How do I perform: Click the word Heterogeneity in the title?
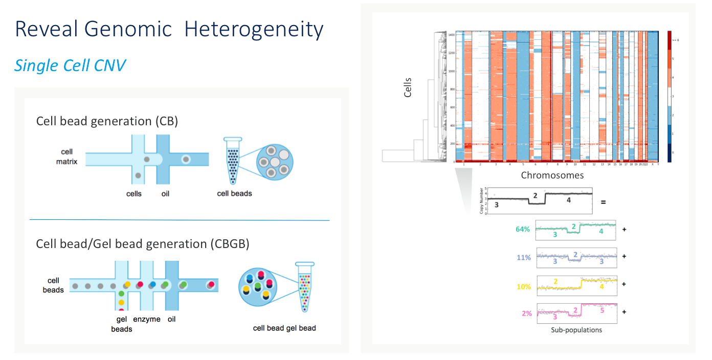tap(254, 29)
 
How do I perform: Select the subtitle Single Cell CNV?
tap(70, 65)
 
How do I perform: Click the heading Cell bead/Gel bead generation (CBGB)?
tap(143, 244)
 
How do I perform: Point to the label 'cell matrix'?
tap(66, 156)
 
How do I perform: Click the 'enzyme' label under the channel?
tap(147, 319)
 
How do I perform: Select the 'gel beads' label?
tap(122, 324)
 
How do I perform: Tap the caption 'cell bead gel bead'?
tap(284, 328)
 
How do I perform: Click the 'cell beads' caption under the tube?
tap(234, 193)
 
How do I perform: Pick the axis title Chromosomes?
tap(552, 175)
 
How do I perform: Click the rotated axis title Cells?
tap(408, 87)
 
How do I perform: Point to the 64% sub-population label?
tap(524, 230)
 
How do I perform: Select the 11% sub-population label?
tap(524, 258)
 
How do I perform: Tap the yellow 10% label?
tap(524, 287)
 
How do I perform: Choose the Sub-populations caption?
tap(576, 330)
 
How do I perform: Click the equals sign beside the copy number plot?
tap(603, 202)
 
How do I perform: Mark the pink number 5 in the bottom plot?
tap(602, 310)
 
